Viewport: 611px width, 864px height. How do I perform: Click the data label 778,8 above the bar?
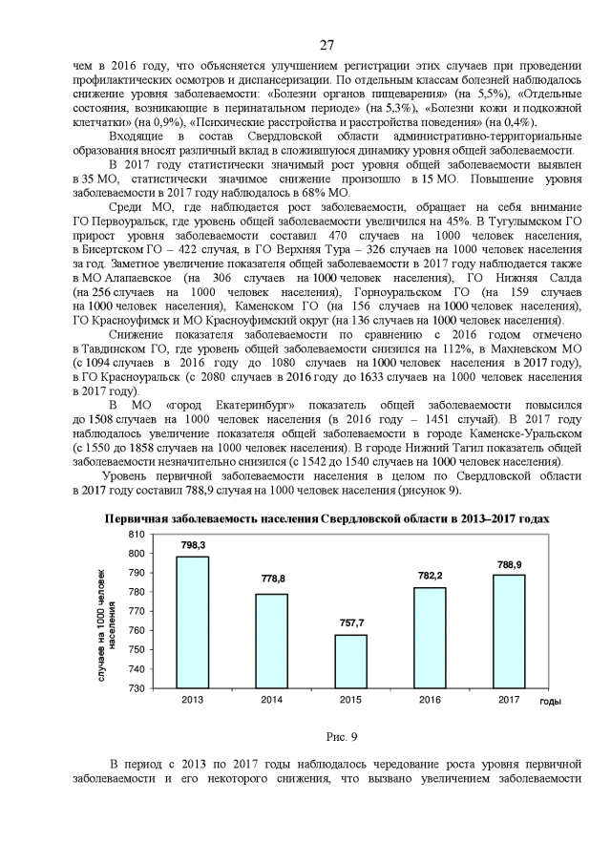pyautogui.click(x=272, y=580)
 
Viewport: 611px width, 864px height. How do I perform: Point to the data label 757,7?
pyautogui.click(x=350, y=621)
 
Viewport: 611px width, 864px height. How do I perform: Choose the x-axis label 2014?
pyautogui.click(x=272, y=700)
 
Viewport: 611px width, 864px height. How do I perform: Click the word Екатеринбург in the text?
pyautogui.click(x=229, y=405)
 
